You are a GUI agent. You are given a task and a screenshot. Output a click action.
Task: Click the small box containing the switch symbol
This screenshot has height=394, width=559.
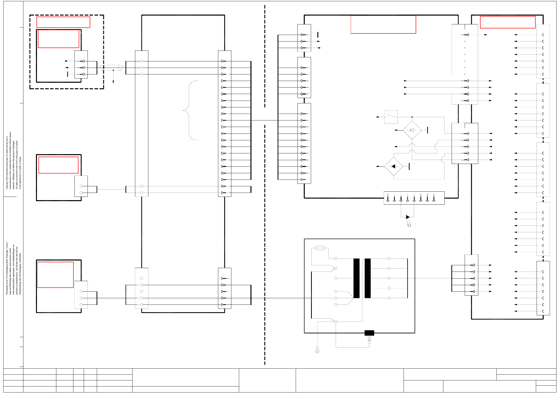(x=391, y=117)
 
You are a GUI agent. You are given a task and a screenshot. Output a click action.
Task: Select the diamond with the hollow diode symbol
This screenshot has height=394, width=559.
(x=412, y=130)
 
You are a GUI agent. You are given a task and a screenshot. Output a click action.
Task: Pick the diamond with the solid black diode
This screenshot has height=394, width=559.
(x=394, y=166)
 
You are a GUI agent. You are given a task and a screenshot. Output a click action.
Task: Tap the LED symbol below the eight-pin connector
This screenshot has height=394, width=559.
(x=408, y=217)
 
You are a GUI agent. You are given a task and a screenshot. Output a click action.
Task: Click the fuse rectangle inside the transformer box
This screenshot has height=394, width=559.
(x=320, y=248)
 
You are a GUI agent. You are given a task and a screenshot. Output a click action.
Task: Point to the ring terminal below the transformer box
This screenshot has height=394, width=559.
(x=317, y=351)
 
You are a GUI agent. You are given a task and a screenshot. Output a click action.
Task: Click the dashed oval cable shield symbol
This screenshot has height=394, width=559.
(x=111, y=68)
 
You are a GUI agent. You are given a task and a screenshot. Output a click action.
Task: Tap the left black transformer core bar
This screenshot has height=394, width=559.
(x=356, y=278)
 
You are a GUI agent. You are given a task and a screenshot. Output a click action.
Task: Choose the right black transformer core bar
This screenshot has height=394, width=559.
(x=368, y=278)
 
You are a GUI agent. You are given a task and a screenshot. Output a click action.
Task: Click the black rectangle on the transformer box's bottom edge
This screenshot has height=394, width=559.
(x=369, y=333)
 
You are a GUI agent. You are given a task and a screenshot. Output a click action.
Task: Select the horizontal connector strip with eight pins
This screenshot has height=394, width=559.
(x=414, y=198)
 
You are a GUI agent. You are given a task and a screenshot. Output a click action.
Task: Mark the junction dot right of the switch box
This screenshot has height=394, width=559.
(x=412, y=117)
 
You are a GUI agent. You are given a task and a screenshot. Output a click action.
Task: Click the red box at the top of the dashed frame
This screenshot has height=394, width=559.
(x=63, y=22)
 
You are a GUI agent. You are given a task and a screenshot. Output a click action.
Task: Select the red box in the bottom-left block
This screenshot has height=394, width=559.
(x=56, y=275)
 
